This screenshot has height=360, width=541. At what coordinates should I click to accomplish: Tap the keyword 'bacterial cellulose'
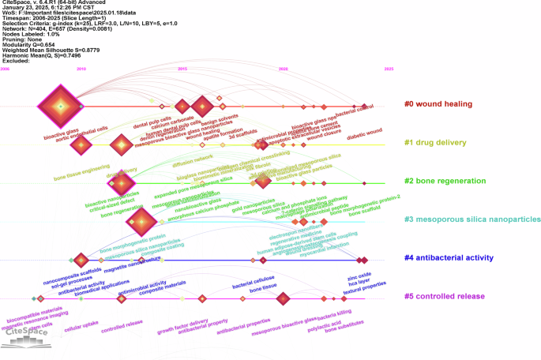(x=253, y=286)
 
